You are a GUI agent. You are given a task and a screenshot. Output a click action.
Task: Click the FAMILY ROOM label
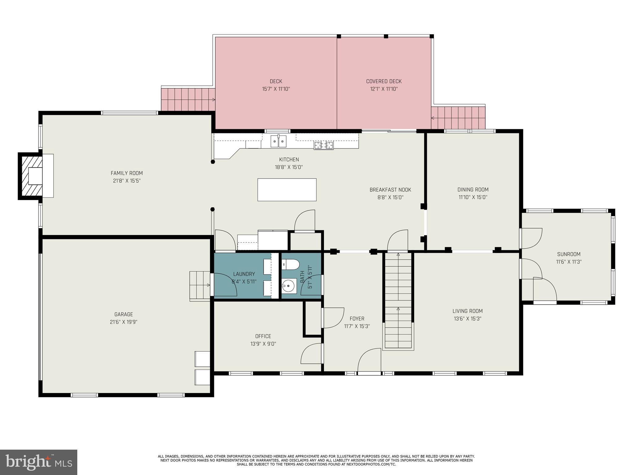pos(127,173)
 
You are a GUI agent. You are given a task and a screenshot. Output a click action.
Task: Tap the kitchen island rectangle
pos(287,190)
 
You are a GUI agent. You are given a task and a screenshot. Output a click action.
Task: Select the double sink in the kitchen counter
pos(278,141)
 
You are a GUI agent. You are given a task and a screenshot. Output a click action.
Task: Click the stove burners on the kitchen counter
pos(324,145)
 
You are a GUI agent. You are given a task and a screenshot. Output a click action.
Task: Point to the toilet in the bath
pos(291,264)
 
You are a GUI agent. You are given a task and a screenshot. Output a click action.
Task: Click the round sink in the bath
pos(289,286)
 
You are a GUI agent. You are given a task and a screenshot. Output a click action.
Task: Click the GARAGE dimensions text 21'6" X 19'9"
pos(124,322)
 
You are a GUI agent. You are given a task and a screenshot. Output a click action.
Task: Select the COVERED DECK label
pos(384,81)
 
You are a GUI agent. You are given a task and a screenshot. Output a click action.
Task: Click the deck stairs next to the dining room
pos(458,118)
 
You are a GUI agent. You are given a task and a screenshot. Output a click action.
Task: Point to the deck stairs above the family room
pos(188,100)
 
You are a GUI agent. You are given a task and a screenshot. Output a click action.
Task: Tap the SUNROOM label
pos(569,254)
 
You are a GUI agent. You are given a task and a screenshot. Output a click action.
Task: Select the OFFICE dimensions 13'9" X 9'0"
pos(263,344)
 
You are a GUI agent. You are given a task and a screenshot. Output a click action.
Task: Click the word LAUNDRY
pos(244,274)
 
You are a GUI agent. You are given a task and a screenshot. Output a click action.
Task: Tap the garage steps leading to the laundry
pos(200,285)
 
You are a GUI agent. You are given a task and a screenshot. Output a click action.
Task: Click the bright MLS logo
pos(38,462)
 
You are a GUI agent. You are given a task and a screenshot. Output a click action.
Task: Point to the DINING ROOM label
pos(473,190)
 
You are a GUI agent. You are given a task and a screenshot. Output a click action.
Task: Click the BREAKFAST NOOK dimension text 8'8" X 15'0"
pos(390,197)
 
